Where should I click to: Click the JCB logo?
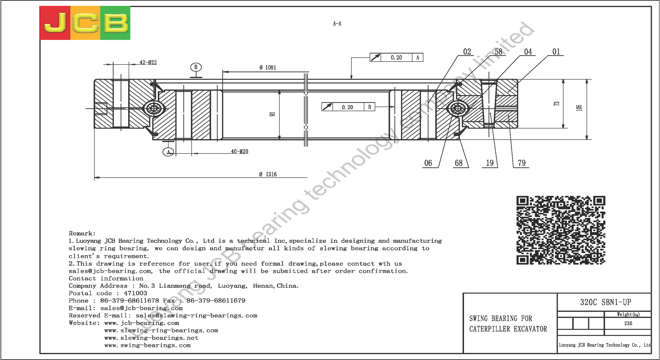pyautogui.click(x=85, y=23)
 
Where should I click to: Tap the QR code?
pyautogui.click(x=561, y=230)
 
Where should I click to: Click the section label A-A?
pyautogui.click(x=337, y=24)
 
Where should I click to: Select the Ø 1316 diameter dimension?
pyautogui.click(x=268, y=174)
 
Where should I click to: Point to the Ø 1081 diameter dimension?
pyautogui.click(x=268, y=67)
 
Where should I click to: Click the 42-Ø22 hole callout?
pyautogui.click(x=148, y=62)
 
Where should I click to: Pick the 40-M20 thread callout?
pyautogui.click(x=240, y=152)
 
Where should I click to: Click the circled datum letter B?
pyautogui.click(x=196, y=67)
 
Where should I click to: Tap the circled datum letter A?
pyautogui.click(x=168, y=152)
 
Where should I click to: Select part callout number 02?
pyautogui.click(x=467, y=52)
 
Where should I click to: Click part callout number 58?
pyautogui.click(x=498, y=52)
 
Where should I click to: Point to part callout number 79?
pyautogui.click(x=522, y=163)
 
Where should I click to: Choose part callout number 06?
pyautogui.click(x=428, y=163)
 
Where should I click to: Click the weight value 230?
pyautogui.click(x=628, y=323)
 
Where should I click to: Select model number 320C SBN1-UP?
pyautogui.click(x=606, y=302)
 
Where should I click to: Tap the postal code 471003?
pyautogui.click(x=135, y=293)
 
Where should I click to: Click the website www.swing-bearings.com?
pyautogui.click(x=148, y=345)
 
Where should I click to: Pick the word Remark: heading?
pyautogui.click(x=82, y=234)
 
